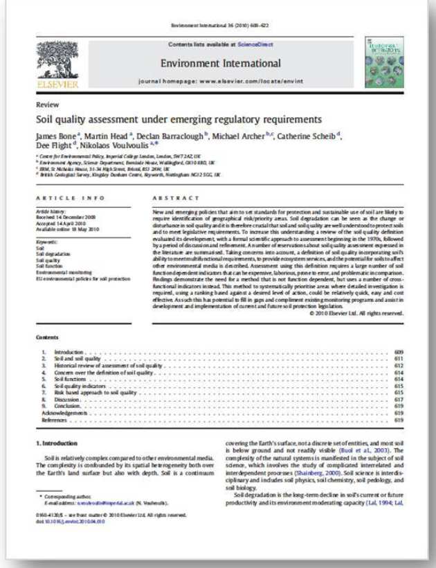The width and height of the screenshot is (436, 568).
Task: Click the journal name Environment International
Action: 217,63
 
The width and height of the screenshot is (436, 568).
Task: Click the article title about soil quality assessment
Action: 174,118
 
